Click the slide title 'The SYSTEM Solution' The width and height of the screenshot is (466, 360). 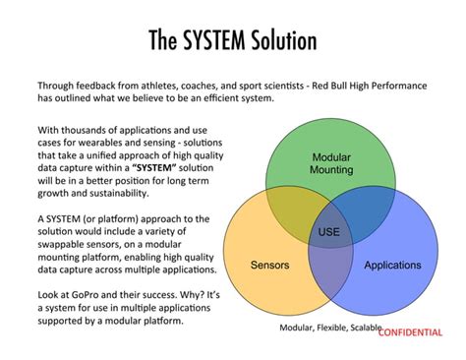click(x=233, y=40)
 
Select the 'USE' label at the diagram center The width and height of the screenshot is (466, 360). click(x=329, y=232)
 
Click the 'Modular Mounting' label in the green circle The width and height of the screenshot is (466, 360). click(x=331, y=163)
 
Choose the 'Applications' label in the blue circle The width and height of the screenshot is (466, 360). click(x=392, y=266)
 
